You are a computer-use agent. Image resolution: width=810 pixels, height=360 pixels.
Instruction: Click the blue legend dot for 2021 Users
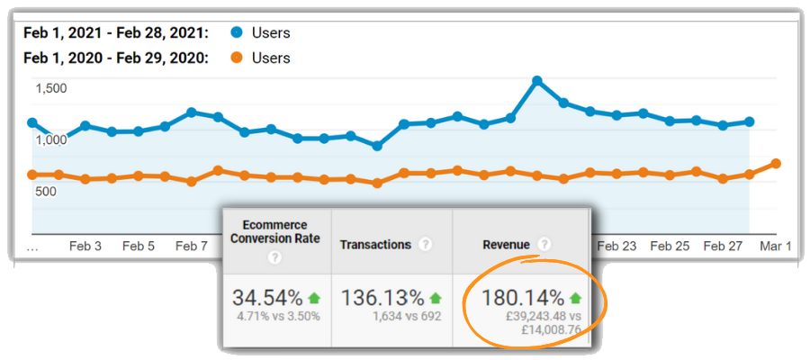pyautogui.click(x=237, y=33)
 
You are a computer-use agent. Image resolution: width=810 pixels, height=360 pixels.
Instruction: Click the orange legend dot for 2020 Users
pyautogui.click(x=237, y=58)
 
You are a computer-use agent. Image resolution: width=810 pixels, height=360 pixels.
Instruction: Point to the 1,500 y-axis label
pyautogui.click(x=51, y=88)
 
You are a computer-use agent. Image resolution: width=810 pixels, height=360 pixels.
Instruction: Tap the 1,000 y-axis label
pyautogui.click(x=51, y=139)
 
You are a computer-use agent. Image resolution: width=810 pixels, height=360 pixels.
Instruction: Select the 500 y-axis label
pyautogui.click(x=47, y=191)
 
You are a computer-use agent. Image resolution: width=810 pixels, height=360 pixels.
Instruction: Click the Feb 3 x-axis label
pyautogui.click(x=85, y=246)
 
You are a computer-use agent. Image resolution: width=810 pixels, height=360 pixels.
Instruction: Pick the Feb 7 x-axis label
pyautogui.click(x=192, y=246)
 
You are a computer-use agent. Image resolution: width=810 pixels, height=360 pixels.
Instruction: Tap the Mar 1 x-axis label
pyautogui.click(x=776, y=246)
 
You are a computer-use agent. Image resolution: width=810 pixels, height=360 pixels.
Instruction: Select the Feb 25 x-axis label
pyautogui.click(x=669, y=246)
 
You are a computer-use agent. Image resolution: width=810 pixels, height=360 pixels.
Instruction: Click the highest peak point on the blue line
pyautogui.click(x=537, y=81)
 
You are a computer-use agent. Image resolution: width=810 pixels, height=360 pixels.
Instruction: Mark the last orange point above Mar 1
pyautogui.click(x=776, y=164)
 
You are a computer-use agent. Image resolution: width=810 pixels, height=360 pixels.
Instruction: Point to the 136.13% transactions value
pyautogui.click(x=382, y=298)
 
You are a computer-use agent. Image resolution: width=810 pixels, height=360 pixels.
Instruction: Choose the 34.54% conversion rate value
pyautogui.click(x=268, y=298)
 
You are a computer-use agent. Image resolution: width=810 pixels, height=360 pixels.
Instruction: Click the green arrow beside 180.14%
pyautogui.click(x=575, y=298)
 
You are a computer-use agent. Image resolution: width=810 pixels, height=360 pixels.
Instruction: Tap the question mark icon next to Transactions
pyautogui.click(x=426, y=244)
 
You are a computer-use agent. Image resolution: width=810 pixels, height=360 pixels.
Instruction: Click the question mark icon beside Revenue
pyautogui.click(x=544, y=244)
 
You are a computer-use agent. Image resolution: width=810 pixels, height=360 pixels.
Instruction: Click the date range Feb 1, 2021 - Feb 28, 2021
pyautogui.click(x=115, y=33)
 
